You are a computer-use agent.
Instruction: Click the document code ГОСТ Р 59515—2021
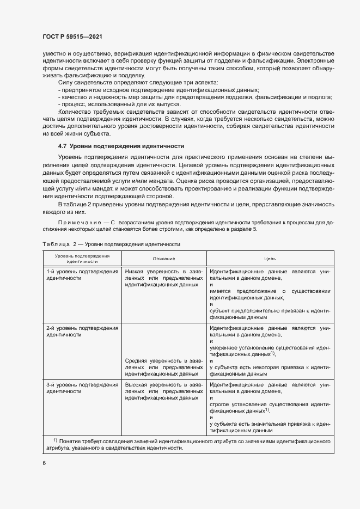click(x=72, y=36)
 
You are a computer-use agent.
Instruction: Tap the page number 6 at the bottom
click(x=44, y=462)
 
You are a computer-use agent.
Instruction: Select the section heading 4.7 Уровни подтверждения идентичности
click(x=121, y=146)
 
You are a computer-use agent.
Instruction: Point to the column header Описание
click(x=163, y=258)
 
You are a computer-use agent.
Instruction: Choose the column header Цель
click(x=270, y=258)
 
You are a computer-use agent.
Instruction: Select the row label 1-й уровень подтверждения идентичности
click(x=82, y=274)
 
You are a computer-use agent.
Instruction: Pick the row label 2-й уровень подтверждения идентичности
click(x=82, y=332)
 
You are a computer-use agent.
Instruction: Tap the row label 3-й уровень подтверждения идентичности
click(x=82, y=388)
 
